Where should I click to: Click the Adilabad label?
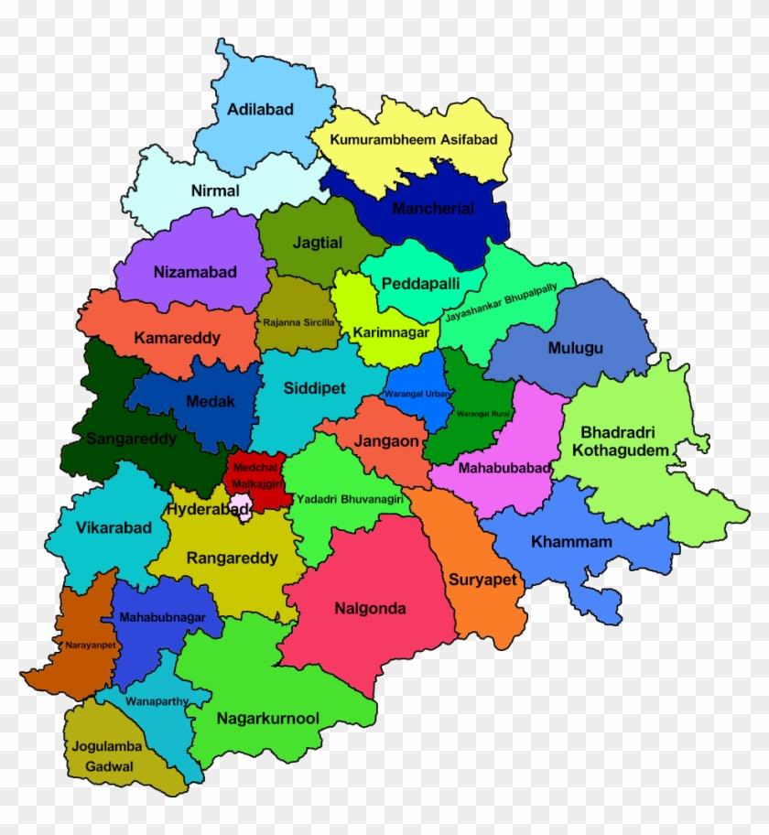tap(261, 110)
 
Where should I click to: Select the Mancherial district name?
tap(433, 209)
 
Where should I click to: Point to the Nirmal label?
tap(215, 191)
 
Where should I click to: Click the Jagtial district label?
tap(318, 244)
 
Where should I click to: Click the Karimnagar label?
tap(391, 332)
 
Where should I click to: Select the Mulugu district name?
tap(575, 349)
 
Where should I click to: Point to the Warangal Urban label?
tap(417, 394)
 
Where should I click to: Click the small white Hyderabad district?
tap(243, 506)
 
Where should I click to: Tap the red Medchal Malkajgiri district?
tap(255, 475)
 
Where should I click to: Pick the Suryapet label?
tap(482, 580)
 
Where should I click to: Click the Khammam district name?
tap(571, 542)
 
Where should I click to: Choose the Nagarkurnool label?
tap(267, 719)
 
